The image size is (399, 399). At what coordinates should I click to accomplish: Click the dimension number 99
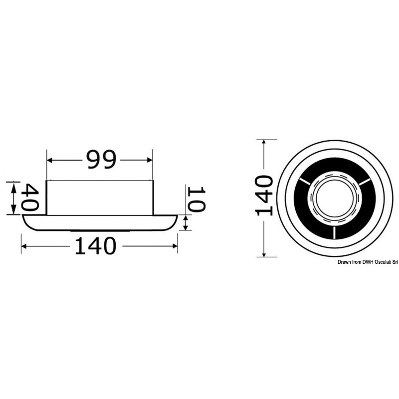101,159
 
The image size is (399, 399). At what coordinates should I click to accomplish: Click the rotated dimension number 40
30,197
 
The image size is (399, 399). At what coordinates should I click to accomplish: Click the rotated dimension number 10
196,199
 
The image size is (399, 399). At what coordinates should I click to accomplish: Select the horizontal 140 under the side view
95,246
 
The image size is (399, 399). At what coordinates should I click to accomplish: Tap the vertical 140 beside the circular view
264,195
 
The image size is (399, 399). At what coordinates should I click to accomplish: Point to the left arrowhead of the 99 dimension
50,160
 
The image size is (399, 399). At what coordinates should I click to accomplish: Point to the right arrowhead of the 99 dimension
150,160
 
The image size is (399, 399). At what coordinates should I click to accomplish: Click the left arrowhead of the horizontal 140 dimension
23,246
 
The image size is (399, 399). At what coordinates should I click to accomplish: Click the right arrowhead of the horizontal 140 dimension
175,246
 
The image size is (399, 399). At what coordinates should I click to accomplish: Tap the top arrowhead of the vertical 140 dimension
264,143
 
